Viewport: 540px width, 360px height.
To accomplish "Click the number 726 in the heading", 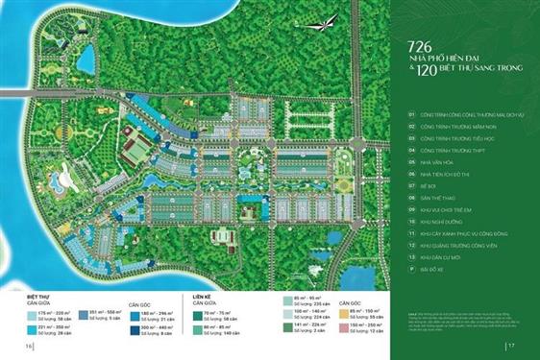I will pyautogui.click(x=419, y=47).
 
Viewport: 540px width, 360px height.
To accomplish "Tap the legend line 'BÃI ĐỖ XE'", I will pyautogui.click(x=432, y=282).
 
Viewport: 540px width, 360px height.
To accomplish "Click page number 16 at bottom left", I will pyautogui.click(x=31, y=347).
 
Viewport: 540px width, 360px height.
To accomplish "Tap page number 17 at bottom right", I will pyautogui.click(x=511, y=347).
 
